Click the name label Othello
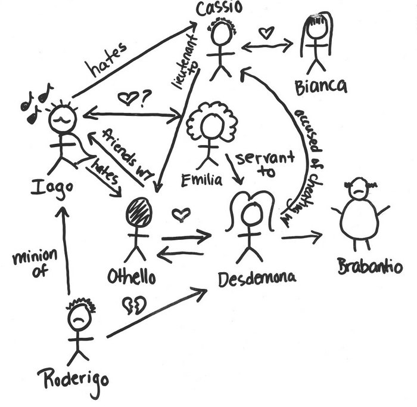click(132, 277)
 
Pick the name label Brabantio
click(369, 266)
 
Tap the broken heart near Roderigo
click(134, 306)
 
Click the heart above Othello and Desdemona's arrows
click(181, 214)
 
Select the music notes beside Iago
click(36, 103)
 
